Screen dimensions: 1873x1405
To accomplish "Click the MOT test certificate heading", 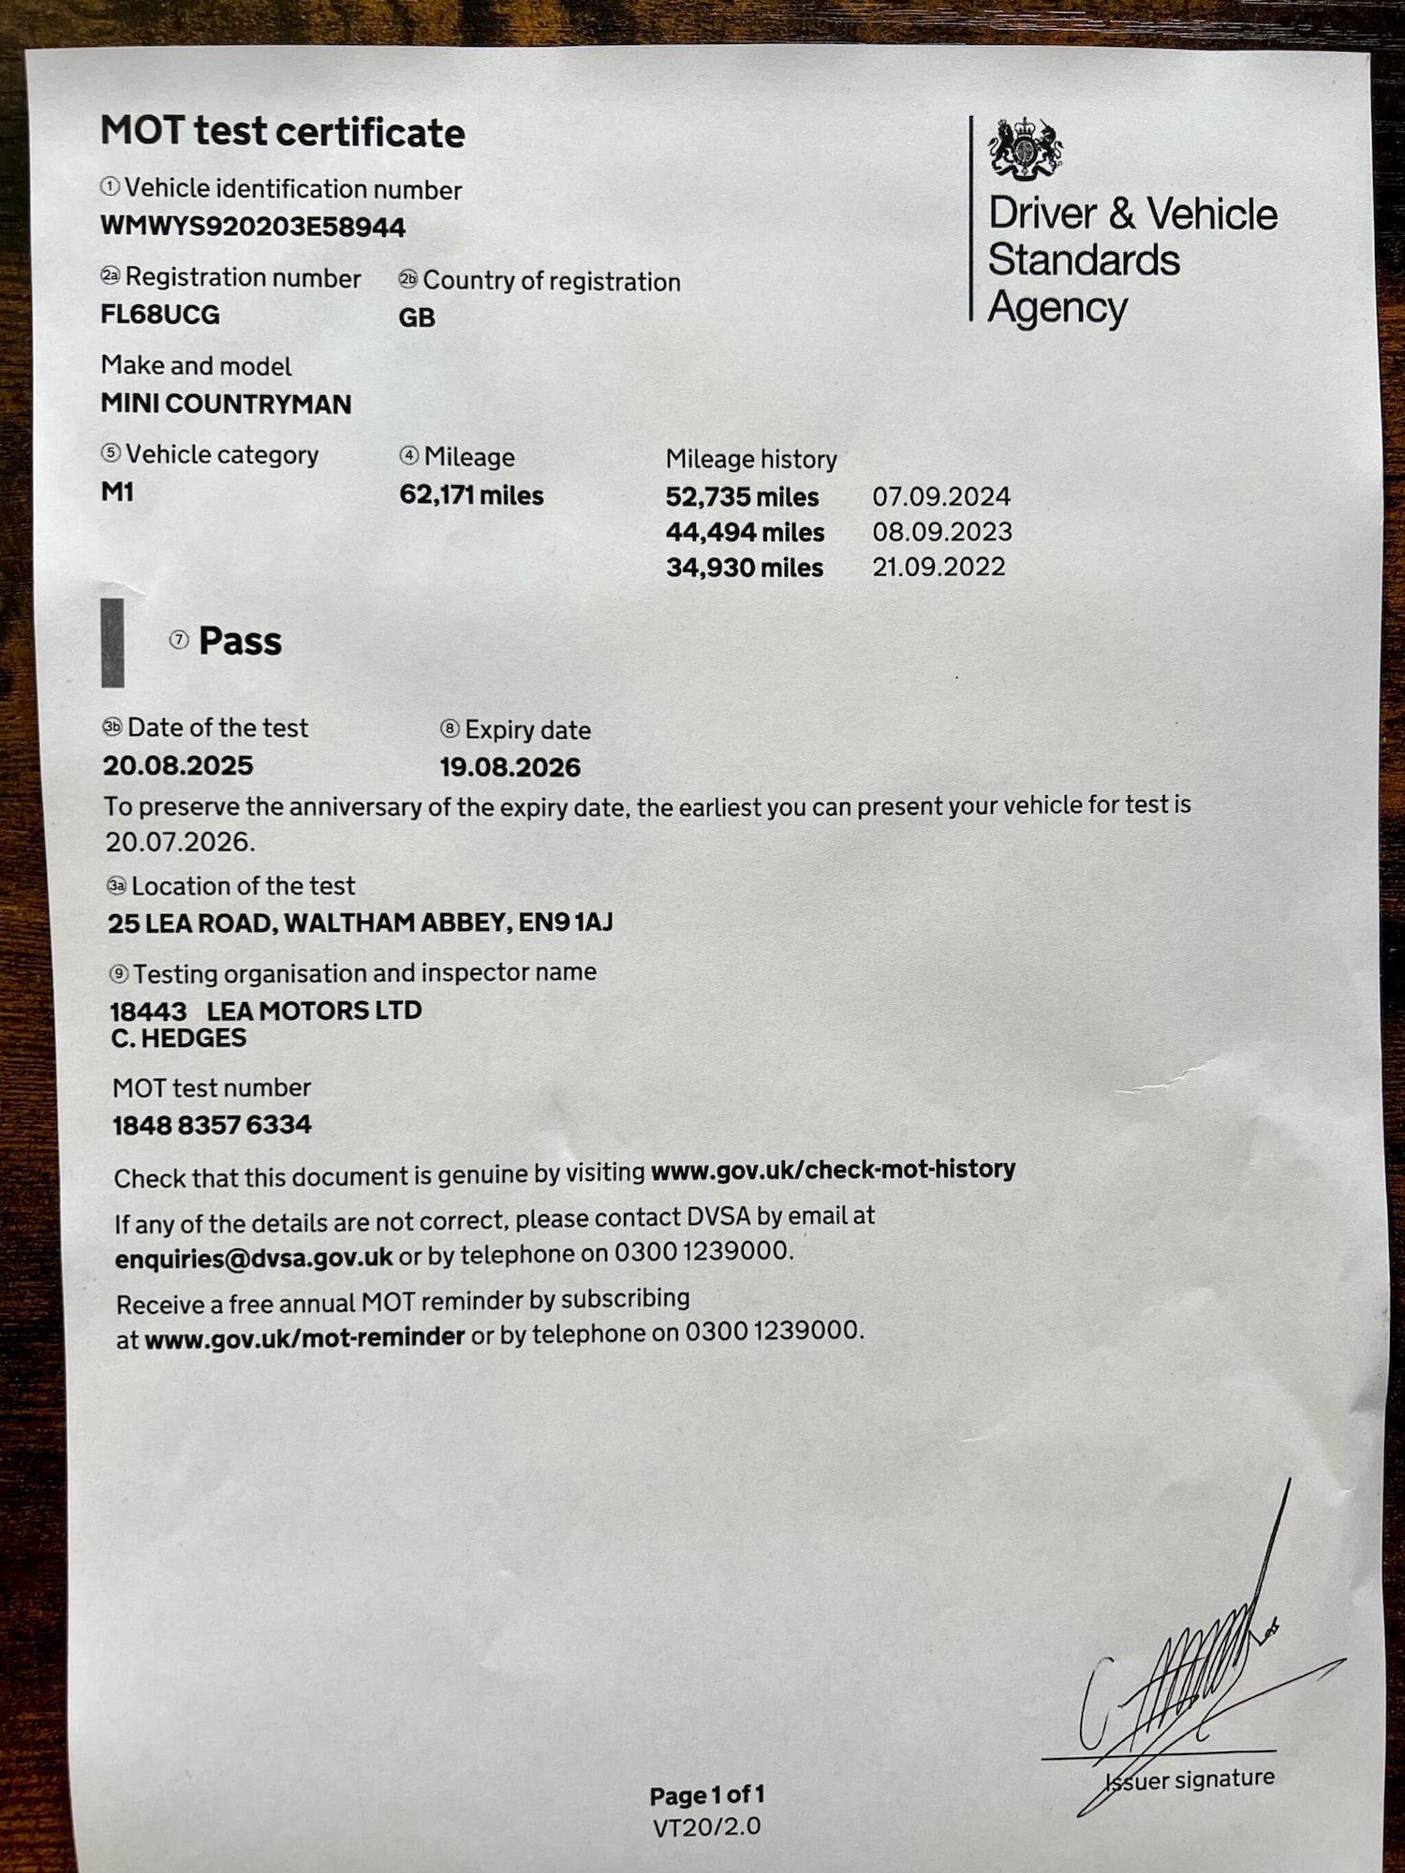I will (x=282, y=132).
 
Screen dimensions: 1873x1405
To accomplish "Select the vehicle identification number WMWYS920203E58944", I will (x=253, y=227).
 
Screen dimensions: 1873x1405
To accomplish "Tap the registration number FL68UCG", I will (x=160, y=315).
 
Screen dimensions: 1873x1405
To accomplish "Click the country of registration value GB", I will (x=417, y=317).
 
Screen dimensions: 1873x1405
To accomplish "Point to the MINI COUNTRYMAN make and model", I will (x=226, y=404).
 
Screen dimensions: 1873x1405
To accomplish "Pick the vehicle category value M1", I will (x=117, y=492).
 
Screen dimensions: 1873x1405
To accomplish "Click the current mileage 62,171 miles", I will (x=471, y=494).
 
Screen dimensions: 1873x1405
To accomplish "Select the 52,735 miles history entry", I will (x=742, y=496).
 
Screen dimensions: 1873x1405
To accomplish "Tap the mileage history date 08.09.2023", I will (x=942, y=532).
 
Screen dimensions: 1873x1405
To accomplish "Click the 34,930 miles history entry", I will (x=745, y=568).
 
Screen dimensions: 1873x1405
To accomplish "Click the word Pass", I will (x=240, y=642).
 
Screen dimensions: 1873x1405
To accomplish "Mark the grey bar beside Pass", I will (x=112, y=642).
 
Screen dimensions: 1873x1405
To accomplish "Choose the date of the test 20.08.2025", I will (x=178, y=765).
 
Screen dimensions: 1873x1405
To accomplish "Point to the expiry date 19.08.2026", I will (x=510, y=768).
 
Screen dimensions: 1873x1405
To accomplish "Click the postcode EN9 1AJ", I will (x=566, y=922).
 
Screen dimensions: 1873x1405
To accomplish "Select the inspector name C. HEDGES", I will (x=179, y=1038).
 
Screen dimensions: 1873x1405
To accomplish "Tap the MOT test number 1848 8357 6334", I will (x=212, y=1125).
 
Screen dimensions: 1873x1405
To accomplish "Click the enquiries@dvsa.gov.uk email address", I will (x=254, y=1258).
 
